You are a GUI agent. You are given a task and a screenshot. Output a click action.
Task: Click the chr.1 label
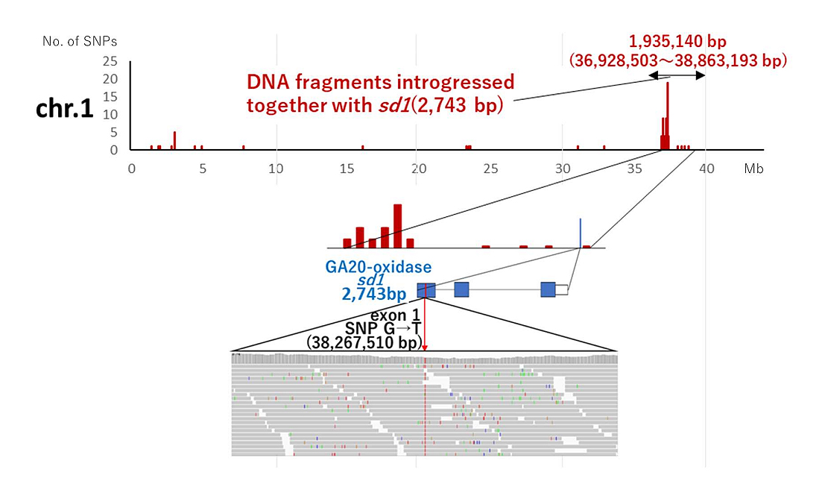point(65,108)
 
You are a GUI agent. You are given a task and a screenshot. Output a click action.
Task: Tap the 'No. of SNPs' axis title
point(80,40)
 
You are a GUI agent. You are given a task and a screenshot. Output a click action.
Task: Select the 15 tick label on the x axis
point(347,169)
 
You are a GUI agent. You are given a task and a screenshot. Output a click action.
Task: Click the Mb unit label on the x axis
point(753,169)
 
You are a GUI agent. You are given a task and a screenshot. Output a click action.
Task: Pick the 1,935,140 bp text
point(677,42)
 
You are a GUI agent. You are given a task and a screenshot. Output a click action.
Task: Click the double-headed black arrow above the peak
point(677,75)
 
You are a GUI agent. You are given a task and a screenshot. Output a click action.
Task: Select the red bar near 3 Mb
point(174,140)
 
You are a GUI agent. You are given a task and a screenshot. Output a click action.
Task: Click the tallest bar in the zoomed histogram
point(397,225)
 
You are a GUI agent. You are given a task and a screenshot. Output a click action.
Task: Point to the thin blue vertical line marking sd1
point(581,233)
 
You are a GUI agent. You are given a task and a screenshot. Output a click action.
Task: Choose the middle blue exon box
point(461,290)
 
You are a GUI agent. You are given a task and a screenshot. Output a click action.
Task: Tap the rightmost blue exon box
point(548,290)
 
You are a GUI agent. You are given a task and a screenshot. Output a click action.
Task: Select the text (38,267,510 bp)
point(363,342)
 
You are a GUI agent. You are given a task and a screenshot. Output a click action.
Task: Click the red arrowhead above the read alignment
point(425,347)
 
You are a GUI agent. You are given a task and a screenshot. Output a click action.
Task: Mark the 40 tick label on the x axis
point(707,169)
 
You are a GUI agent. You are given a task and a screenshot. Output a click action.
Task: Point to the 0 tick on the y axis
point(113,150)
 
